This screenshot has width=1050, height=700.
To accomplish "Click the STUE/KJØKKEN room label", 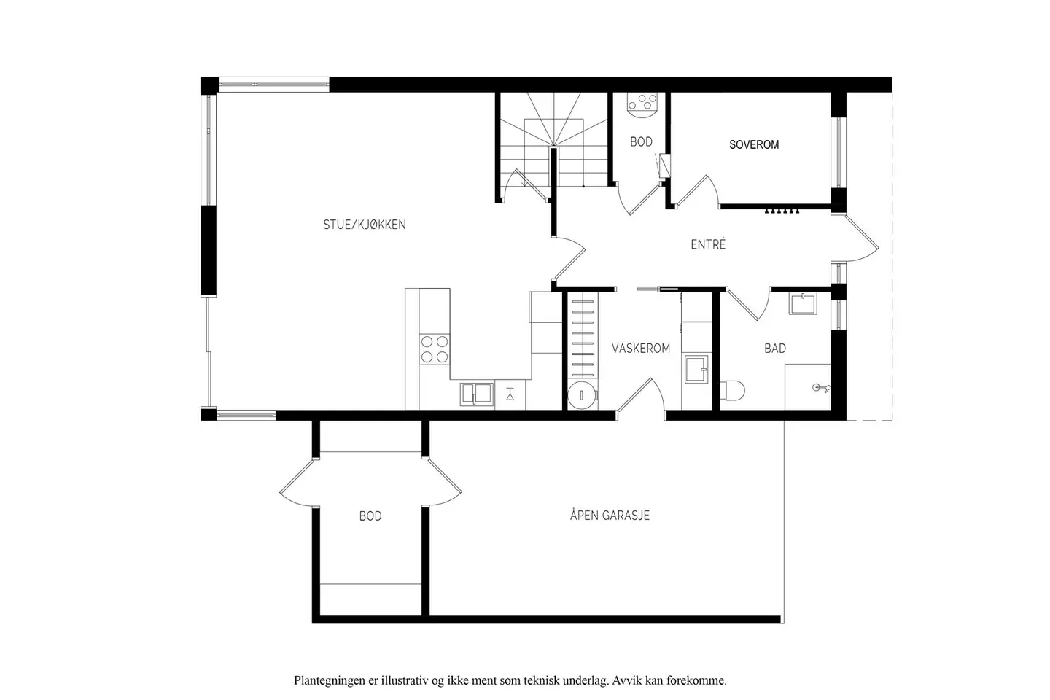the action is tap(365, 225).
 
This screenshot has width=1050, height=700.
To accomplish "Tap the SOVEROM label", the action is tap(754, 144).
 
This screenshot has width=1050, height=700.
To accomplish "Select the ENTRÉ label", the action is tap(708, 244).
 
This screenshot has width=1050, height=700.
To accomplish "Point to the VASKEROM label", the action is tap(641, 349).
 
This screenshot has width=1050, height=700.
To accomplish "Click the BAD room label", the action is tap(775, 349).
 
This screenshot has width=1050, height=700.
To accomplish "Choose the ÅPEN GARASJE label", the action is tap(610, 515).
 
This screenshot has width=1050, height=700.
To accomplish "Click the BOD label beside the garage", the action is tap(370, 516).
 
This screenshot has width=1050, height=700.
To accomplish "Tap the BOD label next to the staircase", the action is tap(641, 141).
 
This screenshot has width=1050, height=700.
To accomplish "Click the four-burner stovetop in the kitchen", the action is tap(435, 349).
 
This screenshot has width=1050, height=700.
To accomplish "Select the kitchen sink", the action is tap(477, 394).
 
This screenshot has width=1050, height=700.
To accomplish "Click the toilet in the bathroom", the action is tap(732, 391).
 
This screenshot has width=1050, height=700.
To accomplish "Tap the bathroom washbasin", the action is tap(803, 303).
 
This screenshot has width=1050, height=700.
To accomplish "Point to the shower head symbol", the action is tap(821, 388).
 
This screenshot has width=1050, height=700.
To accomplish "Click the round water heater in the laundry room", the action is tap(582, 394).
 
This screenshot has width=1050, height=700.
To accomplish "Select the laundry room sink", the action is tap(696, 370).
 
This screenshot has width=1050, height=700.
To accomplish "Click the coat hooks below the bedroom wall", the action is tap(782, 211).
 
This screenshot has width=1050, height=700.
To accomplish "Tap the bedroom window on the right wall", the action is tap(839, 152).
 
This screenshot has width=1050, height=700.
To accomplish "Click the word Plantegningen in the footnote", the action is tap(330, 681).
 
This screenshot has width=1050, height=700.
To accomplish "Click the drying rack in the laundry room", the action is tap(583, 335).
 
